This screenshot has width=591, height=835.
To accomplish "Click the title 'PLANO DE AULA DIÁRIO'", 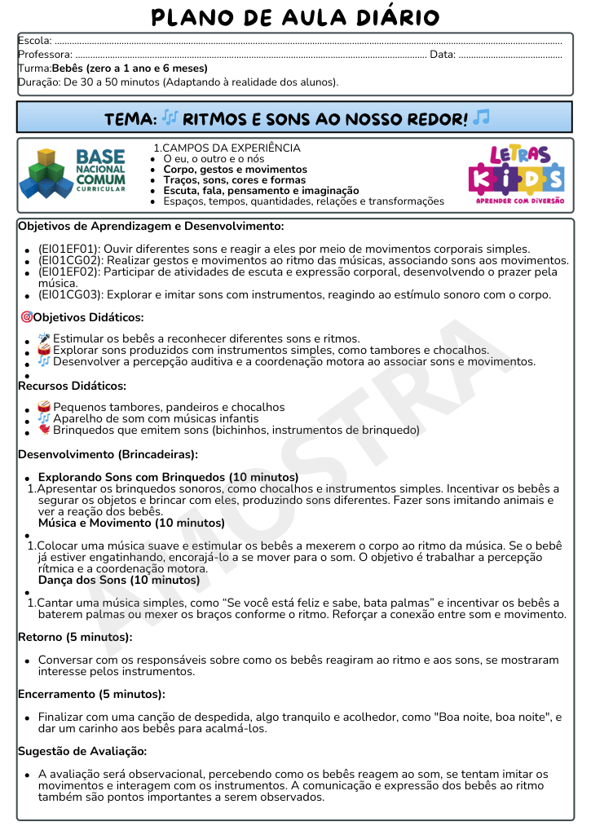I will (295, 17).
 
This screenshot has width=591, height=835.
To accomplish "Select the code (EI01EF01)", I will (68, 249).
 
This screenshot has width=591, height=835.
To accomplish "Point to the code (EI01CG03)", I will (69, 294).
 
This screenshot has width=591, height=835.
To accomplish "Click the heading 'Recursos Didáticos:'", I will (72, 386).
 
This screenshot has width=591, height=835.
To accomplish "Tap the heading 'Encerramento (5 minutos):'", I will (91, 694).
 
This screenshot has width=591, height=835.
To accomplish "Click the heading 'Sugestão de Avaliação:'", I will (82, 751).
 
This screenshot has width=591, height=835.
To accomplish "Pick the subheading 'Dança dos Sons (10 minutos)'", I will (119, 580).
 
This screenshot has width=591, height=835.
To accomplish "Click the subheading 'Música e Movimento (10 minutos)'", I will (131, 523).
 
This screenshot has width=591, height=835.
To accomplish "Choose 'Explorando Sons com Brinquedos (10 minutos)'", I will (168, 477).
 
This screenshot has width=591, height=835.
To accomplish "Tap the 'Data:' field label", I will (443, 55).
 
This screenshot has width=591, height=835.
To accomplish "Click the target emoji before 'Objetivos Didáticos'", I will (26, 317).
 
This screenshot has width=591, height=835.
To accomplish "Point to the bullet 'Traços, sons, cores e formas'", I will (235, 180).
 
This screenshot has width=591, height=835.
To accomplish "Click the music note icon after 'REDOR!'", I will (481, 118).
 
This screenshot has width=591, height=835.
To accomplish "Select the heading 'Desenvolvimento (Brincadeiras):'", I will (108, 454).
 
